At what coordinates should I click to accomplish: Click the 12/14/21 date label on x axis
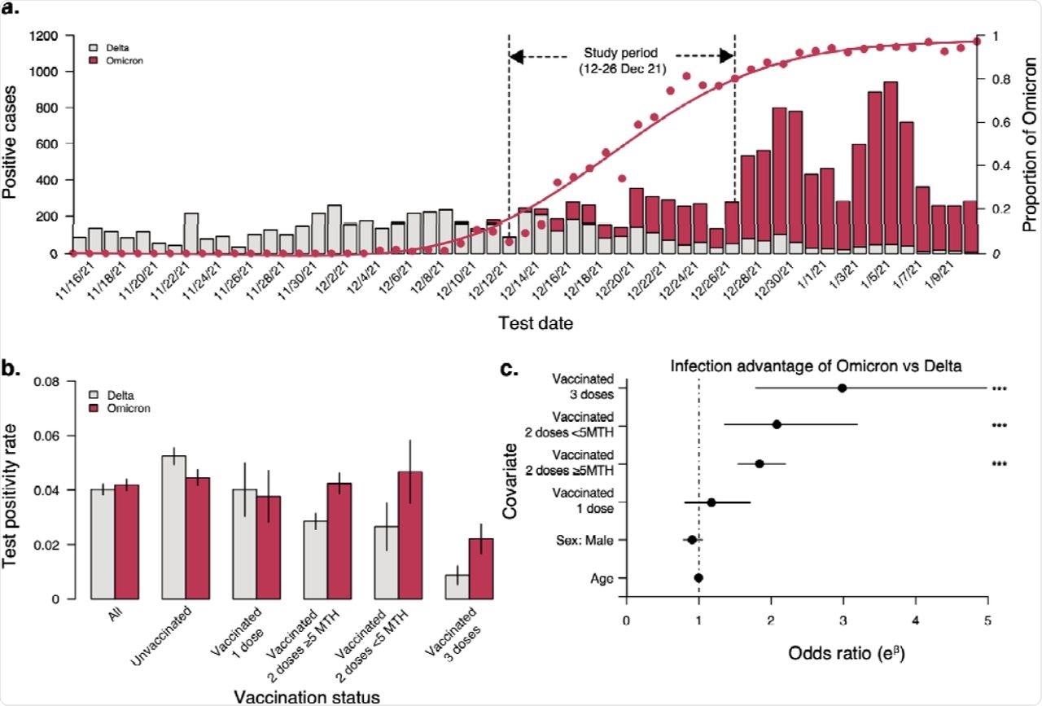526,277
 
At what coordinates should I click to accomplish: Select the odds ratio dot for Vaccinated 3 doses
842,388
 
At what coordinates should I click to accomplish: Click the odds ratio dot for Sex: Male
692,539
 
